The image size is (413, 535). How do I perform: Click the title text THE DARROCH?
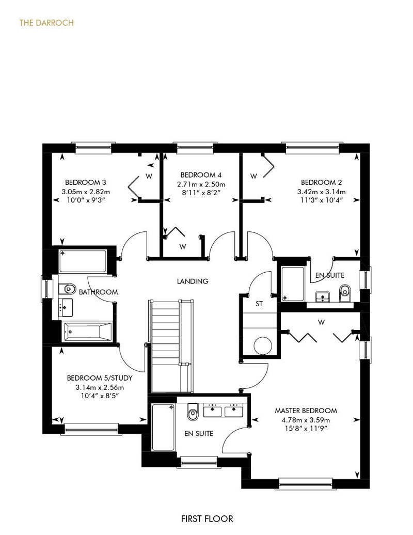click(x=46, y=23)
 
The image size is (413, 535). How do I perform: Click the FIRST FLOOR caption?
click(x=207, y=519)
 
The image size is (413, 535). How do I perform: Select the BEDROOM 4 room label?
click(x=201, y=175)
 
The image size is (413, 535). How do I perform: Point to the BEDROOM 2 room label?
click(x=321, y=182)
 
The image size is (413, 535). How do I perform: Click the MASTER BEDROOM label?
click(x=306, y=411)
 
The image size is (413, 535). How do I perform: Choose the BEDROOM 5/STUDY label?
click(x=100, y=378)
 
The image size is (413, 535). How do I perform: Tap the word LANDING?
click(x=193, y=281)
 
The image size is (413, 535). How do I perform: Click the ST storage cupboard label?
click(x=259, y=304)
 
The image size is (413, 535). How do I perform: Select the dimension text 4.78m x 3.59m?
click(x=306, y=420)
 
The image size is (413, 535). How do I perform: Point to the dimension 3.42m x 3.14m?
click(x=321, y=192)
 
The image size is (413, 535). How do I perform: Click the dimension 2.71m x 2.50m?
click(x=201, y=184)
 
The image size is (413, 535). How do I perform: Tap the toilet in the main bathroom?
click(x=67, y=289)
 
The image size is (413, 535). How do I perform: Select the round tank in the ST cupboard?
click(x=263, y=345)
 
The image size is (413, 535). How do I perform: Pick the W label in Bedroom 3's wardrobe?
click(x=149, y=176)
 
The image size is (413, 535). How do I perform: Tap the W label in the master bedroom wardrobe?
click(x=321, y=322)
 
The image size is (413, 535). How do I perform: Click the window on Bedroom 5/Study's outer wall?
click(x=91, y=429)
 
